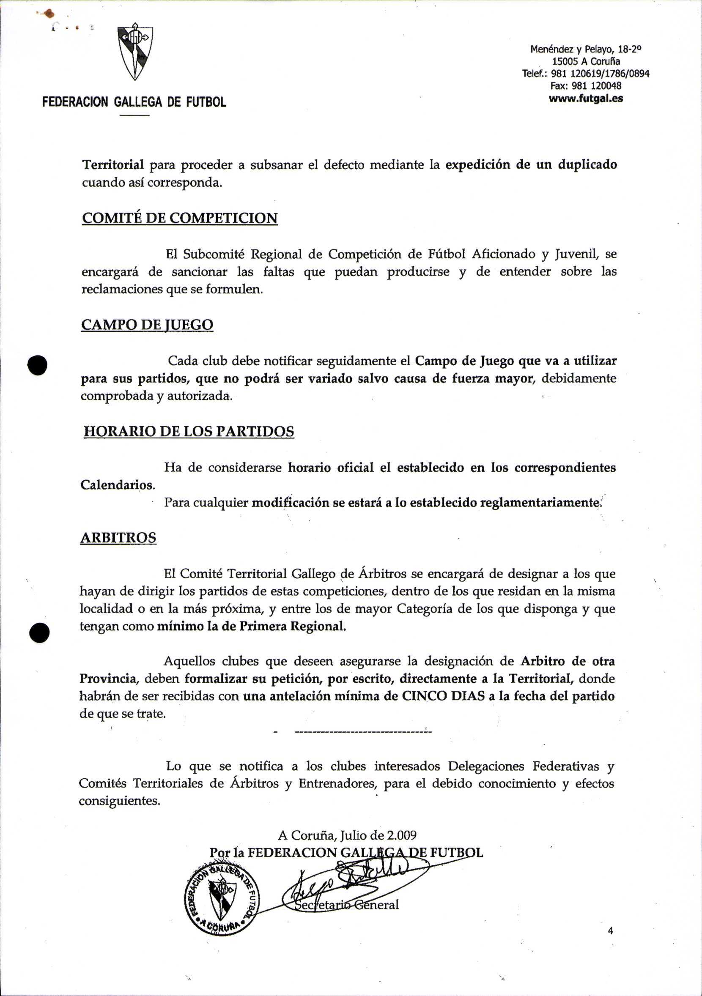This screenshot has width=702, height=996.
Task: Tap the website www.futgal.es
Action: [x=586, y=99]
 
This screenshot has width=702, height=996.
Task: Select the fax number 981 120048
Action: [x=586, y=86]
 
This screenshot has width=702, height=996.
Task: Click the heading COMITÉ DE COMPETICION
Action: [x=180, y=218]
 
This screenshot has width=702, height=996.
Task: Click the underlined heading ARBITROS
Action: [x=118, y=538]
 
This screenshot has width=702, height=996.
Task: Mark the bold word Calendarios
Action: [x=118, y=484]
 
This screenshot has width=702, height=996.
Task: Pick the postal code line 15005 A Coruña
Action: [x=586, y=61]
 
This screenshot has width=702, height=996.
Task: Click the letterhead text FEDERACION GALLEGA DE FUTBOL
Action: [x=134, y=102]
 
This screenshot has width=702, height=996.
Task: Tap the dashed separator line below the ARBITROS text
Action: [x=362, y=732]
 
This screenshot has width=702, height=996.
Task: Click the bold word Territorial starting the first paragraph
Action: [x=113, y=165]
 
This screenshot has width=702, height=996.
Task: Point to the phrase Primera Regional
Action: [x=293, y=627]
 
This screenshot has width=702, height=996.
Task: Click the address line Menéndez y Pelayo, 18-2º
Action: [x=586, y=49]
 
